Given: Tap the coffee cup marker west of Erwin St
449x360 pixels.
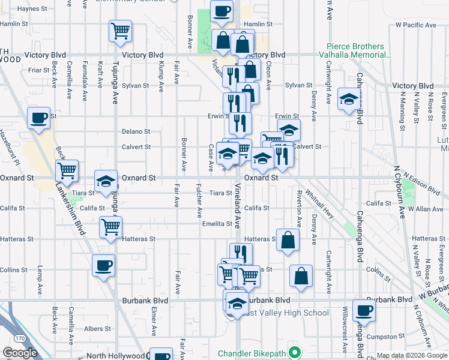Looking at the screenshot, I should click(39, 118).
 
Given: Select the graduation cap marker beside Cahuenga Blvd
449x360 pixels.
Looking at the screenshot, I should click(349, 99).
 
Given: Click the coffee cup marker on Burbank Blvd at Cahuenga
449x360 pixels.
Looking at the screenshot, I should click(364, 310).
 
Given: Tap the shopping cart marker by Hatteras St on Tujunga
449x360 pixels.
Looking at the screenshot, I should click(110, 227).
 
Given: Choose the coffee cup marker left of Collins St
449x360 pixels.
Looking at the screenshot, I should click(103, 265).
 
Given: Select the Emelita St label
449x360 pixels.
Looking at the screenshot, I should click(217, 224).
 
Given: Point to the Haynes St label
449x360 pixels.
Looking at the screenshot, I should click(32, 9).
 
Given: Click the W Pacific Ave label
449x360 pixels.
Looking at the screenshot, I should click(415, 25).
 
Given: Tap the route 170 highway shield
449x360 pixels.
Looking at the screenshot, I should click(20, 339).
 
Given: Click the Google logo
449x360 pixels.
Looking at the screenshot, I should click(20, 353).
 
